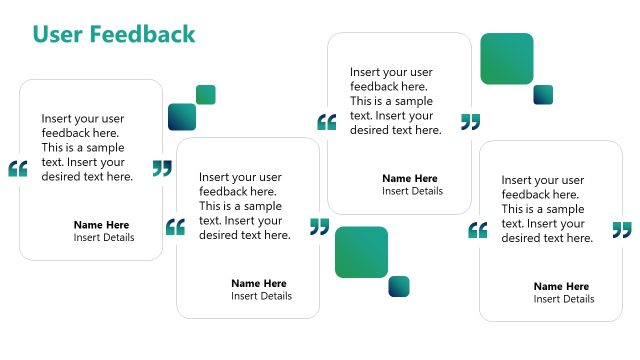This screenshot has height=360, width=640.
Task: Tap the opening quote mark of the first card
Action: tap(17, 168)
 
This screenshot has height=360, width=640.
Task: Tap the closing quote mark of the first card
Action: tap(162, 168)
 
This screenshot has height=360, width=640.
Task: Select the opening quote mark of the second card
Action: tap(175, 227)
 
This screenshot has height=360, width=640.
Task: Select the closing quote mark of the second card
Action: tap(319, 227)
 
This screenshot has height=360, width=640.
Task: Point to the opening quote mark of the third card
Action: tap(326, 122)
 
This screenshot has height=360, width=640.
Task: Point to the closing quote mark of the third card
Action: tap(470, 122)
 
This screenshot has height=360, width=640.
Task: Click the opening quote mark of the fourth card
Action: tap(478, 230)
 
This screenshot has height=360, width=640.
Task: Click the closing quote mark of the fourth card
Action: tap(622, 230)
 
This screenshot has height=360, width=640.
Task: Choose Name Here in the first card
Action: tap(101, 225)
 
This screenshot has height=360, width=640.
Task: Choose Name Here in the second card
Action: tap(258, 283)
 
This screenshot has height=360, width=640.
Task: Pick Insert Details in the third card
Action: tap(412, 191)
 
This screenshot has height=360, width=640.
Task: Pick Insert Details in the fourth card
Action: tap(563, 299)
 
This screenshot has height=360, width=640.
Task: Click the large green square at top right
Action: tap(506, 59)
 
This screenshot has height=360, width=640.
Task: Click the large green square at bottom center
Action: tap(361, 252)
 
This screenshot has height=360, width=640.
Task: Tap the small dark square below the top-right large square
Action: tap(543, 95)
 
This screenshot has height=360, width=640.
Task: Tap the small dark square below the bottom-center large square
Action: tap(399, 286)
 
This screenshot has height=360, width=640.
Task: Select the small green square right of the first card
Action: tap(206, 95)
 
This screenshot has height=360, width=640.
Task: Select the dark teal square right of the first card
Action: tap(182, 117)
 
